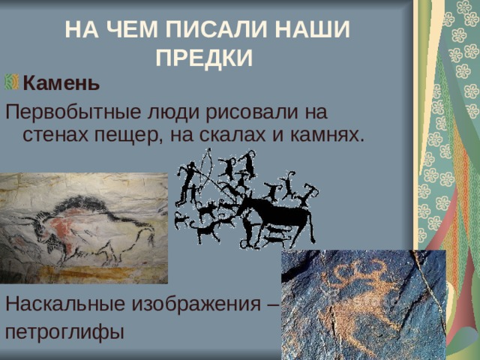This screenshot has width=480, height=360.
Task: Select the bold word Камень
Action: [61, 82]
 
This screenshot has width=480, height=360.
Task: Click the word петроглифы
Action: [64, 331]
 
